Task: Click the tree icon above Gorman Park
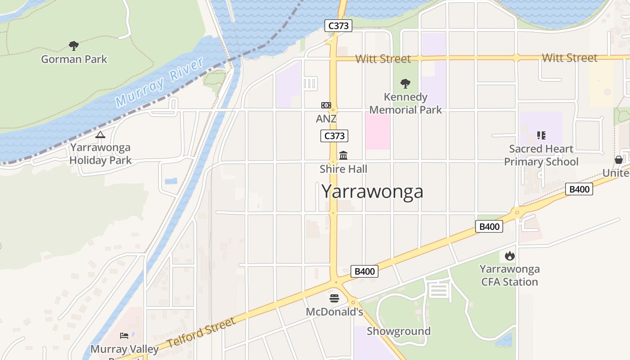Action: [74, 45]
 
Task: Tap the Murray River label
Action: [160, 82]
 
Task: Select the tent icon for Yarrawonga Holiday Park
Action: [100, 135]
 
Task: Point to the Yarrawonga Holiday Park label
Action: [100, 154]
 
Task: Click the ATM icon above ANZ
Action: [326, 105]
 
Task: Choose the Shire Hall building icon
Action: [343, 156]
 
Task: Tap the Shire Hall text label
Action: [343, 169]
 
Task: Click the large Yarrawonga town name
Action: [372, 191]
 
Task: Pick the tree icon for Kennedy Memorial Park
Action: [405, 83]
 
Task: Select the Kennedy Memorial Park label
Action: [405, 103]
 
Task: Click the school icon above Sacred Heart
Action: [541, 135]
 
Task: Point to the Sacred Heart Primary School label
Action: [541, 155]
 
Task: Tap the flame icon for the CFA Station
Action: [509, 256]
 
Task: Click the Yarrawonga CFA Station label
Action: [509, 275]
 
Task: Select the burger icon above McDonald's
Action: [334, 298]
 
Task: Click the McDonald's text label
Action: [334, 312]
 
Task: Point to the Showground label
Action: [399, 331]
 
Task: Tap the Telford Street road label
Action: [201, 333]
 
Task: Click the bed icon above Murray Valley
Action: [124, 336]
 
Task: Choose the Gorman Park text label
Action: [74, 59]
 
